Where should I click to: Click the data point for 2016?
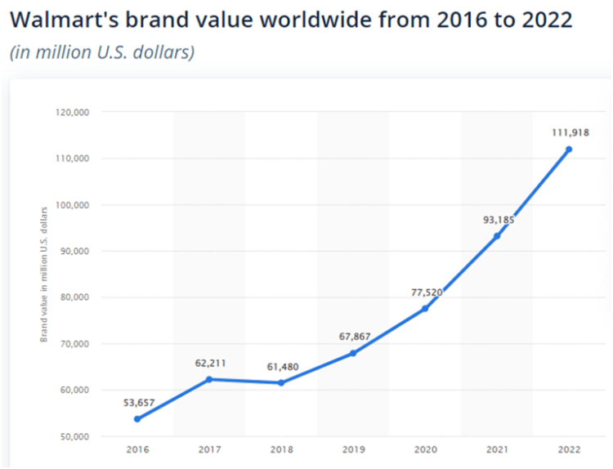point(137,419)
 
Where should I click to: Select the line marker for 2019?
point(353,353)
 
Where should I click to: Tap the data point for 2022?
point(569,149)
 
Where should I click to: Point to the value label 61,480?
point(282,366)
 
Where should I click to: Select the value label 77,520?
point(424,291)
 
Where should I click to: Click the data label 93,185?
point(496,219)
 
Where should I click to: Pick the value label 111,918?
point(569,132)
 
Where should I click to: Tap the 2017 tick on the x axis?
point(209,449)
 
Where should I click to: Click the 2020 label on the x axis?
point(425,449)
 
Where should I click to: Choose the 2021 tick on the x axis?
point(497,449)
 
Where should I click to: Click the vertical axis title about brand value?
point(45,274)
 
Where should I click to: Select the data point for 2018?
point(281,382)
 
